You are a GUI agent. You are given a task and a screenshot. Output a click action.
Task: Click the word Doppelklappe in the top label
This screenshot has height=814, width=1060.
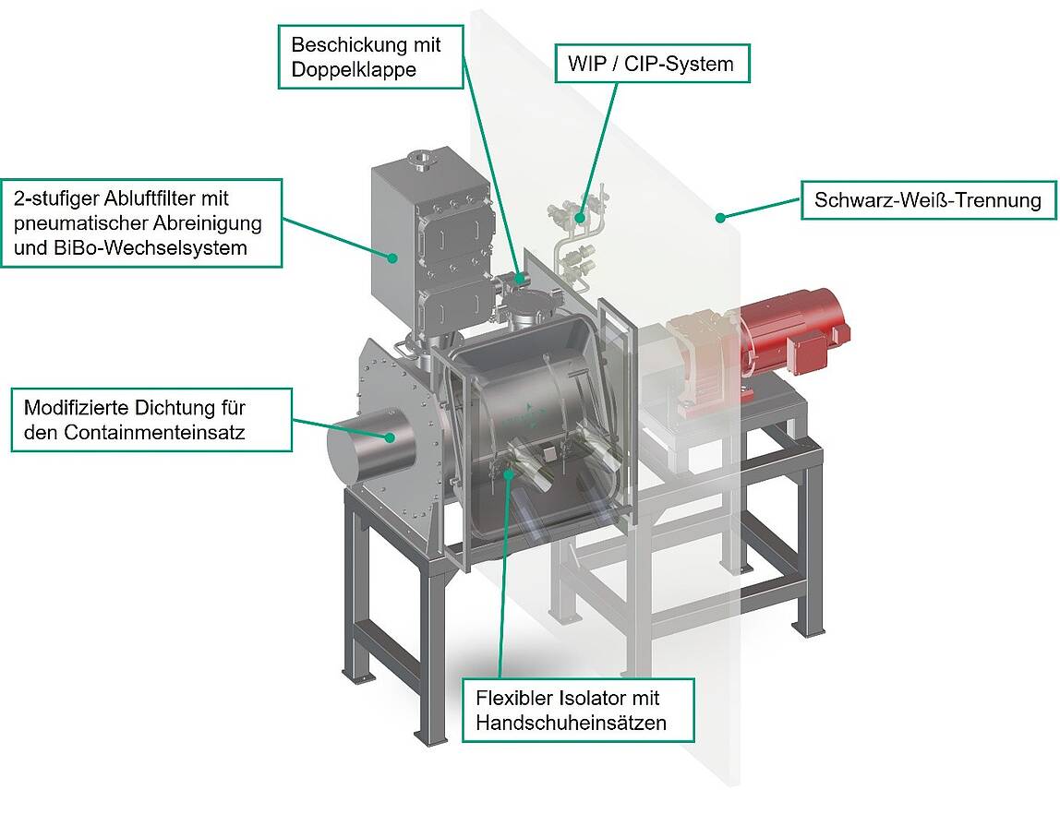coord(354,70)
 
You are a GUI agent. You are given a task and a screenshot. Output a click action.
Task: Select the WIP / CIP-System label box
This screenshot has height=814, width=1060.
coord(653,64)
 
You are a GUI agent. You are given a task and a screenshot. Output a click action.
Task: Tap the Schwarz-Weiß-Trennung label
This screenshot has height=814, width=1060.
coord(928,200)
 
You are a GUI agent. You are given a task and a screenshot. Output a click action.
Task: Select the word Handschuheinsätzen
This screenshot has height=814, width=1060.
coord(572,723)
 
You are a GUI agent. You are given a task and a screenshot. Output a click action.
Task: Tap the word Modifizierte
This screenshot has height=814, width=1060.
coord(77,407)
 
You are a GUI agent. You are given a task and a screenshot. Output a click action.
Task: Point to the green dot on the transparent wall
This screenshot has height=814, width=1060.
coord(720,218)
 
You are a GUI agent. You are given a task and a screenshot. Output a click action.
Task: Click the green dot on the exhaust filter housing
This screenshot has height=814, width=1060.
coord(391,257)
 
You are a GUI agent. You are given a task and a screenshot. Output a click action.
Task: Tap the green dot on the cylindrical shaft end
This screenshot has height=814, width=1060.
coord(390,437)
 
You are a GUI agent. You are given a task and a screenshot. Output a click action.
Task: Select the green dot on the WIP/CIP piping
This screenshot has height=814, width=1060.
coord(579,218)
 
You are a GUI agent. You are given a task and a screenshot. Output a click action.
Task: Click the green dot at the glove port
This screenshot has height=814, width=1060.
coord(508,472)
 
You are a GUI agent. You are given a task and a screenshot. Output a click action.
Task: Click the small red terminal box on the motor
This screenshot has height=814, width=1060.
coord(803,354)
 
